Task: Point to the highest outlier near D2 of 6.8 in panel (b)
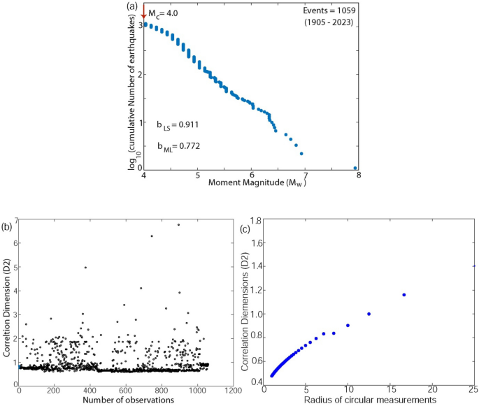click(x=178, y=224)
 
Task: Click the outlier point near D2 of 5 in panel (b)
click(x=85, y=267)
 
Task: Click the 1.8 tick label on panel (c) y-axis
click(x=257, y=221)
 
